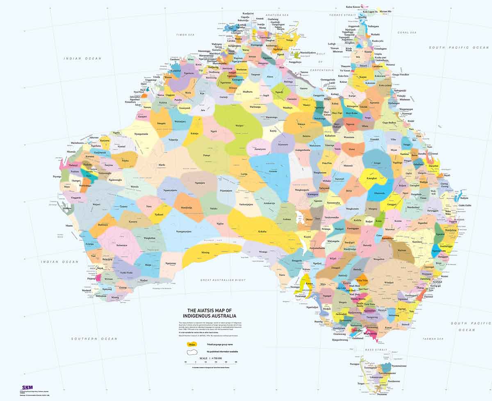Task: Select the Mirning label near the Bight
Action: (206, 252)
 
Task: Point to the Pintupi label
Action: (207, 156)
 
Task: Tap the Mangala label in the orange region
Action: (161, 123)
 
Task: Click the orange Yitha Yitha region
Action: (362, 280)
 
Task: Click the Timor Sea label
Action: (183, 36)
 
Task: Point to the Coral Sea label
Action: (407, 32)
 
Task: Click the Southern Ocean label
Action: (94, 339)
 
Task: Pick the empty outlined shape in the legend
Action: (191, 352)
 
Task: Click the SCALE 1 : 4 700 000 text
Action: (210, 358)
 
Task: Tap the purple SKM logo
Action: (27, 387)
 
